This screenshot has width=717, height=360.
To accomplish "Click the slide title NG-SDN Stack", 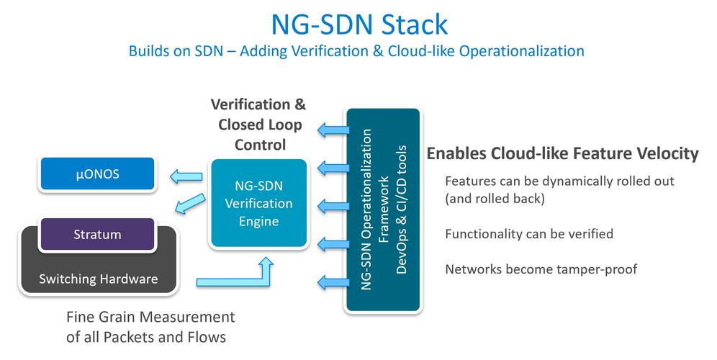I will click(x=358, y=23).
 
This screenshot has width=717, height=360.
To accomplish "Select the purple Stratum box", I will click(x=97, y=235).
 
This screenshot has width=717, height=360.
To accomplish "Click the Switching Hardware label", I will click(x=97, y=279).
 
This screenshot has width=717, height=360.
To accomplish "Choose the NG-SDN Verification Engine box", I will click(x=258, y=203).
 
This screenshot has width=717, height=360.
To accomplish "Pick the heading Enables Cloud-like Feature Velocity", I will click(x=562, y=153).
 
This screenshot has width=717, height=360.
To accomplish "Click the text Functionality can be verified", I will click(x=529, y=234).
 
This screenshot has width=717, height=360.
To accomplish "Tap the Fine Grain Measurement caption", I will click(x=150, y=317).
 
